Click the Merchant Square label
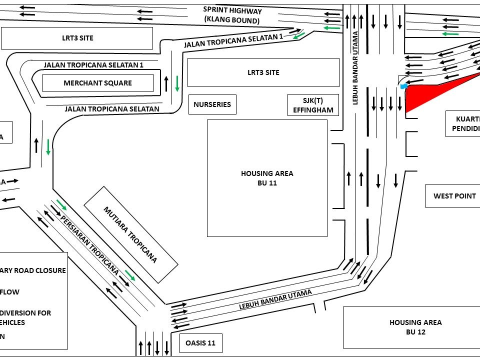pos(97,83)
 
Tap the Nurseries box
pos(212,104)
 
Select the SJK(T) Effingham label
pos(313,105)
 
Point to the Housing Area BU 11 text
pos(267,178)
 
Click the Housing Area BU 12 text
pos(415,327)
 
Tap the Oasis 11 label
pos(200,343)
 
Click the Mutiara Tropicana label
pos(130,234)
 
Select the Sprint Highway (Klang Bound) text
pos(232,15)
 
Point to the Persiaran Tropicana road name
pos(89,245)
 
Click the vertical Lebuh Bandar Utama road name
pos(355,67)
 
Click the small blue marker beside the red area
pos(404,86)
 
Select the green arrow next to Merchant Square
pos(177,83)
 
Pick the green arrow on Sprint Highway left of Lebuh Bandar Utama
pos(331,28)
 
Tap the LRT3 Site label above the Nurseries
pos(263,72)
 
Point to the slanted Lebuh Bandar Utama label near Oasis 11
pos(275,299)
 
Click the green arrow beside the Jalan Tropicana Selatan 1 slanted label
pos(298,35)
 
